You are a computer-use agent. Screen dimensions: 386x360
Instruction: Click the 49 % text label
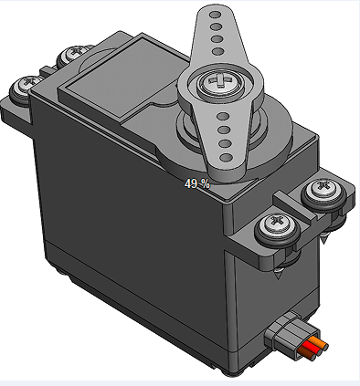(x=196, y=183)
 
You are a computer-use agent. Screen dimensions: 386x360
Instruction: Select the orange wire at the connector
(x=315, y=345)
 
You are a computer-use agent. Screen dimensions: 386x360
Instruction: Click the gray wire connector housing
(x=285, y=334)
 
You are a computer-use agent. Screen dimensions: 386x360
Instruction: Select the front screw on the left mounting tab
(x=23, y=88)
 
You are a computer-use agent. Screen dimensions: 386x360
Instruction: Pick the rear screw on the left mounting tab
(x=70, y=55)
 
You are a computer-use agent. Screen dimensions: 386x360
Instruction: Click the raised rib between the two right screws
(x=302, y=213)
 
